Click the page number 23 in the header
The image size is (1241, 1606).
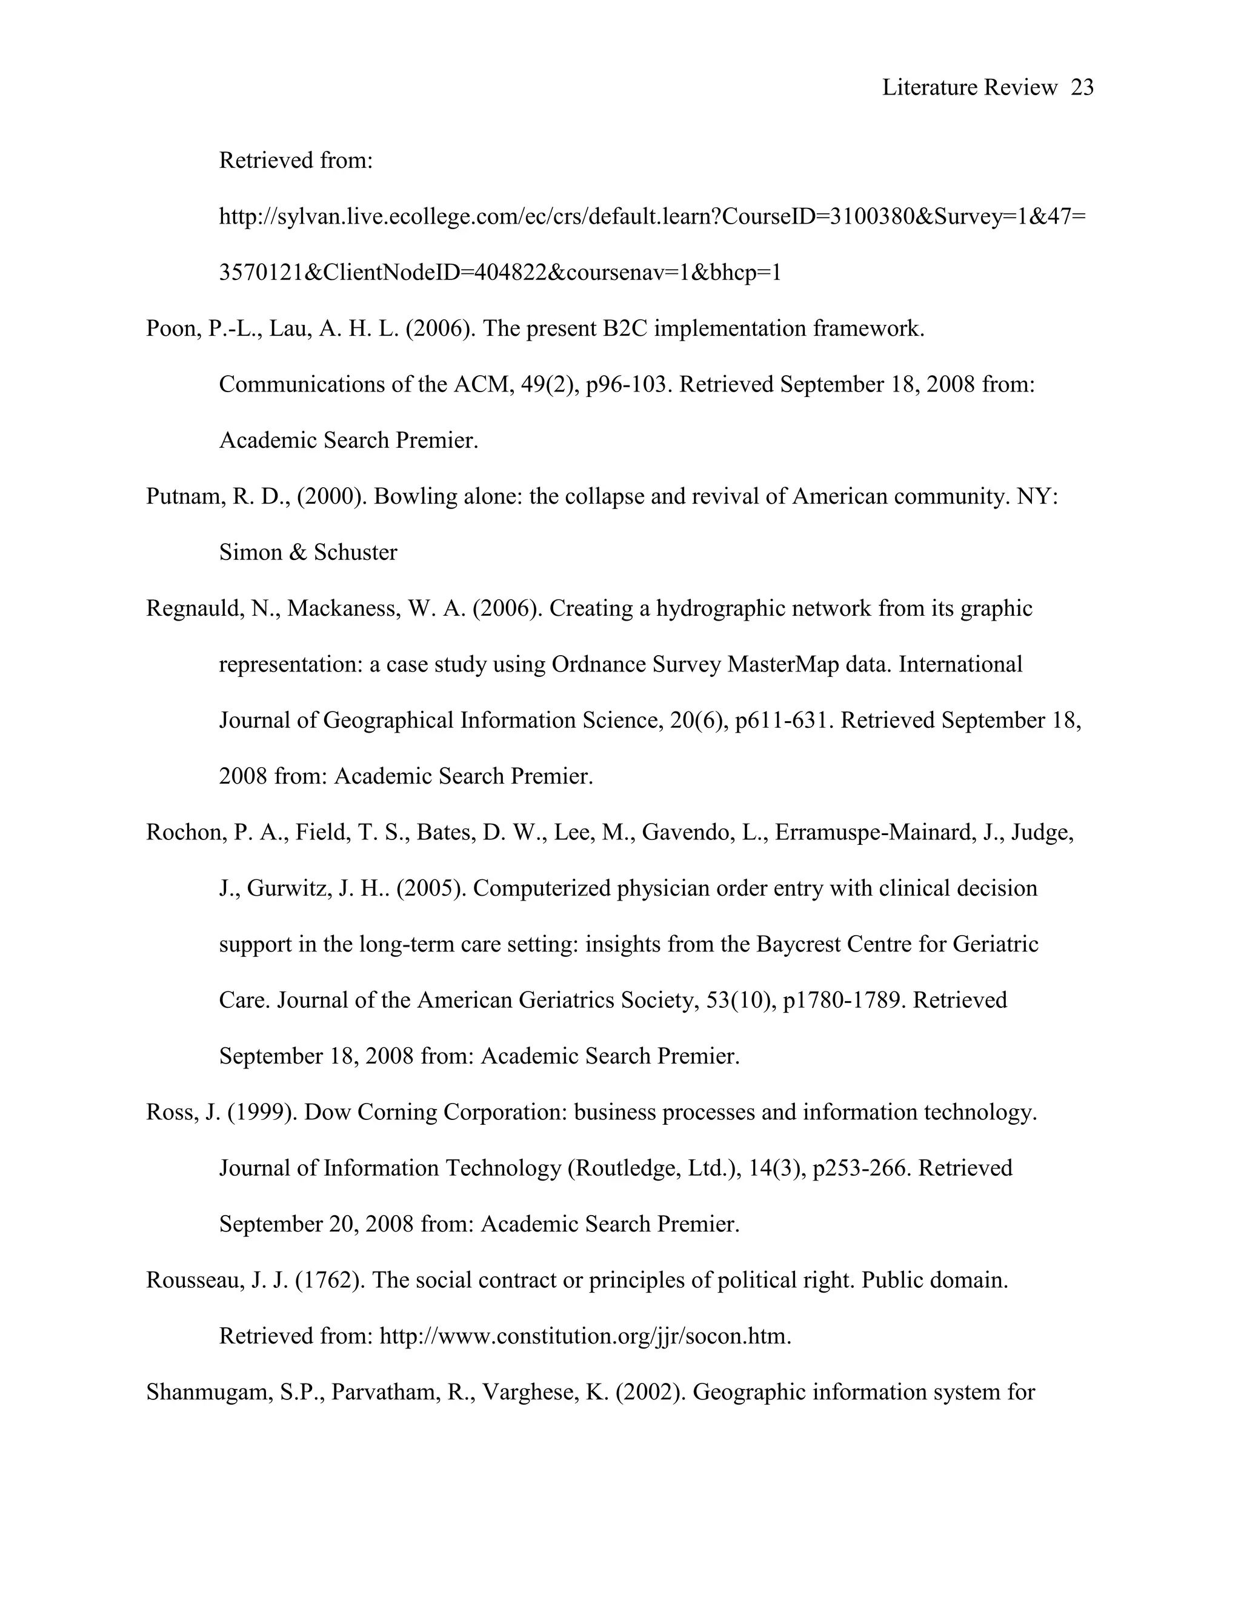pyautogui.click(x=1082, y=87)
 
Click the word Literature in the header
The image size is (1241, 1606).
pyautogui.click(x=928, y=87)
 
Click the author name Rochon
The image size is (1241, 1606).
pyautogui.click(x=185, y=833)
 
